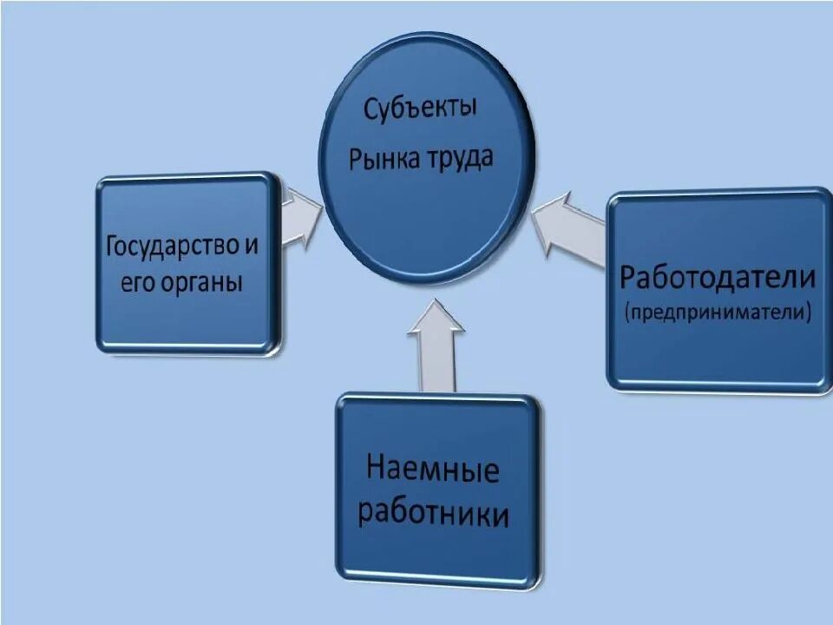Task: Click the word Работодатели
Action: pos(718,279)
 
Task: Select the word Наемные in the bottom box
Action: pos(433,471)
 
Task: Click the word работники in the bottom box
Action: pos(433,514)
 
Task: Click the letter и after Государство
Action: pos(252,246)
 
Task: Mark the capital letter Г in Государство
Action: pos(111,245)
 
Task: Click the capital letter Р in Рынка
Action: pos(356,161)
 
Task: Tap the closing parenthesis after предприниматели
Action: pos(808,312)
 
